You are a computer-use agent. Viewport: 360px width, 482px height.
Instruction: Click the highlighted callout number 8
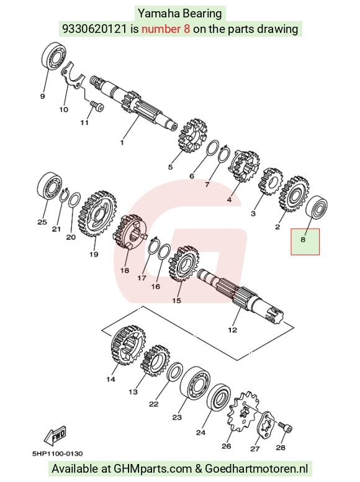[x=303, y=239]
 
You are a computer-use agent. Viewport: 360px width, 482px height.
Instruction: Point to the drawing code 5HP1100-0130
[x=58, y=453]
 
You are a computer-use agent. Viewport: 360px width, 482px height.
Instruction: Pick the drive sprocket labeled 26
[x=243, y=412]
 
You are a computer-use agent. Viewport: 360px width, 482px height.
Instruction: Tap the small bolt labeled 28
[x=286, y=427]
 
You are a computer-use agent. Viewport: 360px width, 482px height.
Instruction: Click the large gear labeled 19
[x=98, y=212]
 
